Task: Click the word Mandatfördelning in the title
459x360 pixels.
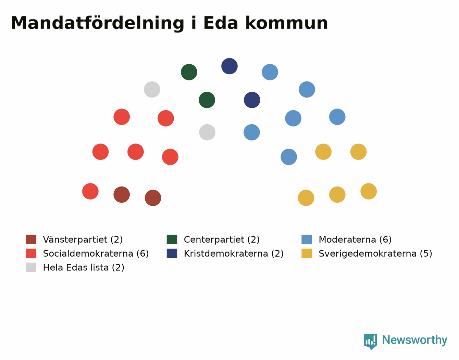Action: [97, 23]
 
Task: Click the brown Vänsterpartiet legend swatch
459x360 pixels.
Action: [31, 239]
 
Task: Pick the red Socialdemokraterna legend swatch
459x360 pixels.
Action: [31, 253]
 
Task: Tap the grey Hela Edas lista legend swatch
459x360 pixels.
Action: [31, 267]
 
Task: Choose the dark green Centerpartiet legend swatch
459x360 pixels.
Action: [172, 239]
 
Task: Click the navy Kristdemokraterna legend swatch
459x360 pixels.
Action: [172, 253]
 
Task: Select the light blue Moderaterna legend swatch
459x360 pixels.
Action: [307, 239]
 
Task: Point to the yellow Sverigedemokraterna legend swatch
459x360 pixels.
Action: [307, 253]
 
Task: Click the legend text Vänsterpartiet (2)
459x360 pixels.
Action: [83, 240]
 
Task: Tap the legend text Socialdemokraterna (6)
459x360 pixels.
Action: [96, 254]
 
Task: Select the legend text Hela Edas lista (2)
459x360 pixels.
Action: [84, 267]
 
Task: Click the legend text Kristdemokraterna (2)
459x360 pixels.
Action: [234, 254]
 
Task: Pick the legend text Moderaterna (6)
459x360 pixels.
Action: [355, 240]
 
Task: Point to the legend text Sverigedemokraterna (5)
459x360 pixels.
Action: [375, 254]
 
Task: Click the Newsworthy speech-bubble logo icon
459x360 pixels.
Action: [370, 342]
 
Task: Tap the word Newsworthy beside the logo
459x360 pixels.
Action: [415, 340]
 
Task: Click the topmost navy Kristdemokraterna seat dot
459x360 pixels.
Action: [229, 66]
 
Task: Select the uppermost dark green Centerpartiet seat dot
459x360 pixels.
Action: [189, 72]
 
